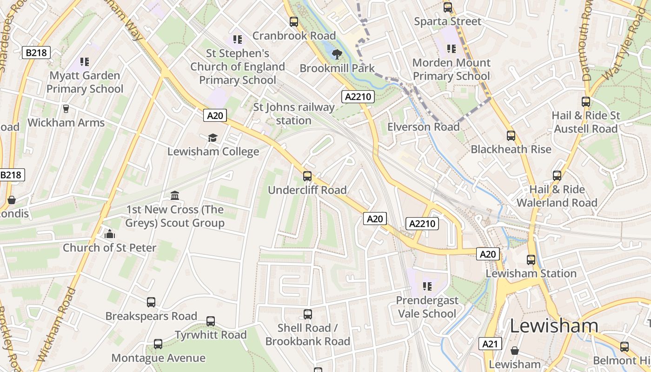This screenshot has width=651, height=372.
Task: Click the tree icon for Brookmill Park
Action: (x=336, y=54)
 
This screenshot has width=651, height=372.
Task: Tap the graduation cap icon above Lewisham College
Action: (x=213, y=138)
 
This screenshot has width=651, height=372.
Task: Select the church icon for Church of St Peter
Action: (x=110, y=234)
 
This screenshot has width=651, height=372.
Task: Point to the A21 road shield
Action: (x=490, y=344)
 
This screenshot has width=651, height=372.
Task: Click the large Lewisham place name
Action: (x=554, y=326)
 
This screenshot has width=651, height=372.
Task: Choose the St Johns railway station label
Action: (x=293, y=114)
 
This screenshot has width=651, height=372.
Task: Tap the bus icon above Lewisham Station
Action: (x=531, y=260)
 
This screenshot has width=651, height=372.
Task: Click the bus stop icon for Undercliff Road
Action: (x=307, y=176)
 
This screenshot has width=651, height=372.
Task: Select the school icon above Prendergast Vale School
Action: (x=427, y=286)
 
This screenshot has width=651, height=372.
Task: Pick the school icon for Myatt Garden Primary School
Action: (x=84, y=61)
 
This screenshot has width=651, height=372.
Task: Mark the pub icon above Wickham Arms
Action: (x=66, y=109)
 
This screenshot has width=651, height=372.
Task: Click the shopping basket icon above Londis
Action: (x=12, y=200)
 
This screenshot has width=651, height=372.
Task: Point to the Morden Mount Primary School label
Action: (x=451, y=69)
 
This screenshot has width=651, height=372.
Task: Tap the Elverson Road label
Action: (x=423, y=127)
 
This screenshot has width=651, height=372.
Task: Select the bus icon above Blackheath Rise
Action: (x=511, y=136)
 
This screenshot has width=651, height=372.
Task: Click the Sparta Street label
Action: (x=447, y=21)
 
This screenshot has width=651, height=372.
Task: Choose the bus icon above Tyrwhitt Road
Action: (x=211, y=321)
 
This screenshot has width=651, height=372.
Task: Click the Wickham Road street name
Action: (x=55, y=325)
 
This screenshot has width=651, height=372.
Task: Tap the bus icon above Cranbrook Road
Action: (x=294, y=22)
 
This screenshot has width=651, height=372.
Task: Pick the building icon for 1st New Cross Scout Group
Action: (x=175, y=195)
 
